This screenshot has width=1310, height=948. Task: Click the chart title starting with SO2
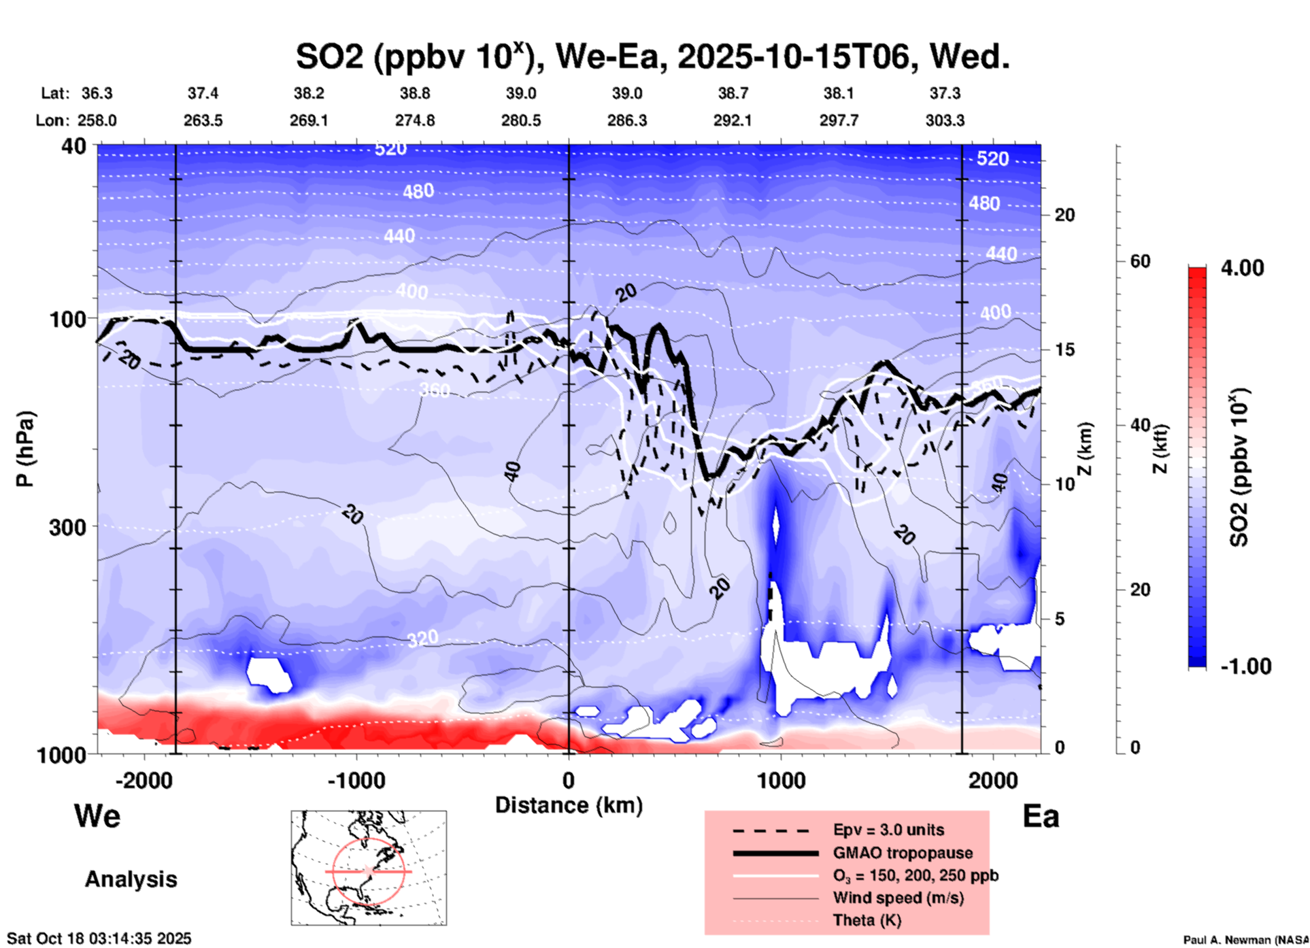pyautogui.click(x=652, y=56)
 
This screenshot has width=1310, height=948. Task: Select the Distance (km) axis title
pyautogui.click(x=569, y=805)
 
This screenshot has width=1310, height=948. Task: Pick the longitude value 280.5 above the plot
pyautogui.click(x=521, y=120)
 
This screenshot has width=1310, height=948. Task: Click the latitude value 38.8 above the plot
pyautogui.click(x=415, y=93)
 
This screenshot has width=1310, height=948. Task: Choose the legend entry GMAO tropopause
pyautogui.click(x=902, y=853)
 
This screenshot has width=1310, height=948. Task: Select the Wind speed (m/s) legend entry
pyautogui.click(x=898, y=898)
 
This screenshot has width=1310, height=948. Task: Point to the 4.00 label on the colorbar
pyautogui.click(x=1242, y=268)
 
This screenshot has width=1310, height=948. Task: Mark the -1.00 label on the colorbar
pyautogui.click(x=1245, y=666)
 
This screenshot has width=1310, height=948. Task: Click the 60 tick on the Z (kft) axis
pyautogui.click(x=1140, y=261)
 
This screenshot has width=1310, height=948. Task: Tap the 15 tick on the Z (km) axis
pyautogui.click(x=1064, y=350)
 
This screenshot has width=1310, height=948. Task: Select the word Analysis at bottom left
pyautogui.click(x=131, y=879)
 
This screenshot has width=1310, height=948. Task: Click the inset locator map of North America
pyautogui.click(x=369, y=868)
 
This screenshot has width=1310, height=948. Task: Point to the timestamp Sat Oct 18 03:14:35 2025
pyautogui.click(x=99, y=938)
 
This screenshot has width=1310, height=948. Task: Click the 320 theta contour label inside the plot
pyautogui.click(x=423, y=639)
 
